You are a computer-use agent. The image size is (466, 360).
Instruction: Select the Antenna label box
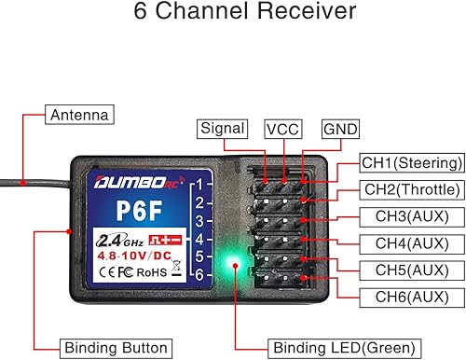[x=80, y=116]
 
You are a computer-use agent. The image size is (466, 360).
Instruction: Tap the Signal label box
[x=223, y=129]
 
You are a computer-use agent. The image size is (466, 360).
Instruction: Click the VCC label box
[x=281, y=129]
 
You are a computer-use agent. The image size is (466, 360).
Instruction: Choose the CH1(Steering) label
[x=411, y=163]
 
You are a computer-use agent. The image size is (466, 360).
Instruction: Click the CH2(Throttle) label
[x=411, y=189]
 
